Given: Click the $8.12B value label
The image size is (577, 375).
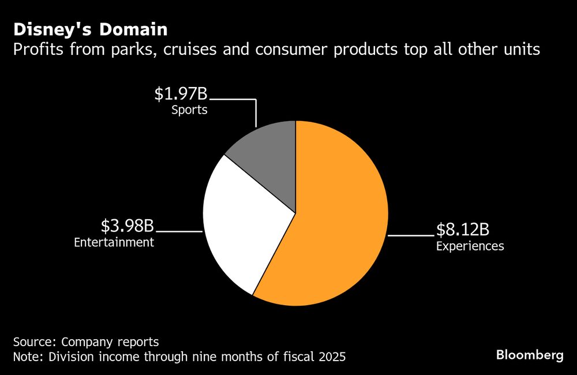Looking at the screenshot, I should click(x=463, y=231).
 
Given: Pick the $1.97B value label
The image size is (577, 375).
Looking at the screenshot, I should click(x=181, y=94).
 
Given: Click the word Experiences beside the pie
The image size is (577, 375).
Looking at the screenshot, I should click(x=470, y=246).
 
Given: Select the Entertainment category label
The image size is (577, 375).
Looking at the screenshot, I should click(x=114, y=242).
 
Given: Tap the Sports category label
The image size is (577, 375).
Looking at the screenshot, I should click(x=189, y=110).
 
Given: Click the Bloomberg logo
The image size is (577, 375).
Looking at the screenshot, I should click(x=530, y=355).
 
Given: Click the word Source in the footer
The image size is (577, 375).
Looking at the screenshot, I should click(x=33, y=341).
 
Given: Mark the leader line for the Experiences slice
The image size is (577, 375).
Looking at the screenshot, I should click(x=410, y=235).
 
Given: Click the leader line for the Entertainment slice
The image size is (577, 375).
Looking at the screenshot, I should click(x=179, y=232).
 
